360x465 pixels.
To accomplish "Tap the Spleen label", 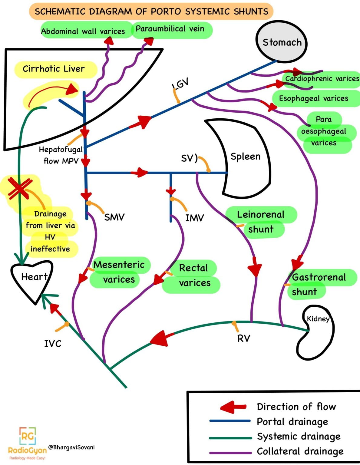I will [245, 157].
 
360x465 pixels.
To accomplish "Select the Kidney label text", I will [318, 319].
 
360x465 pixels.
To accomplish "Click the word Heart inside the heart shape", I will [34, 277].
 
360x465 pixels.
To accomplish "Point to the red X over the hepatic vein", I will [19, 189].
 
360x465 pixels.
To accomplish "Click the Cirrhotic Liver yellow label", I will [54, 69].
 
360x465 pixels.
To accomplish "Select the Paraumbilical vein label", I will [170, 29].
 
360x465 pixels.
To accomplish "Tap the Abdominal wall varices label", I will [83, 31].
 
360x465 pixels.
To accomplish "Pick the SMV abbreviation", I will [114, 217].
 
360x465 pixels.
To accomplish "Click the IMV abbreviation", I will [194, 218].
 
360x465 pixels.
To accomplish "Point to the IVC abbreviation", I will [53, 344].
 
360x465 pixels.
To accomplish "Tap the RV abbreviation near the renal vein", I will [244, 338].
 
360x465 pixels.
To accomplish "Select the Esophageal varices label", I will [313, 98].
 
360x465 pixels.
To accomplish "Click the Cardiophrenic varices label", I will [322, 79].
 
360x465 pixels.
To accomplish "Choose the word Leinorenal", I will [261, 215].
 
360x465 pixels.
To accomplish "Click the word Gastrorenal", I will [319, 277].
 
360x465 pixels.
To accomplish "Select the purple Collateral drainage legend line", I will [230, 453].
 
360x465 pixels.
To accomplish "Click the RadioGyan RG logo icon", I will [28, 436].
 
